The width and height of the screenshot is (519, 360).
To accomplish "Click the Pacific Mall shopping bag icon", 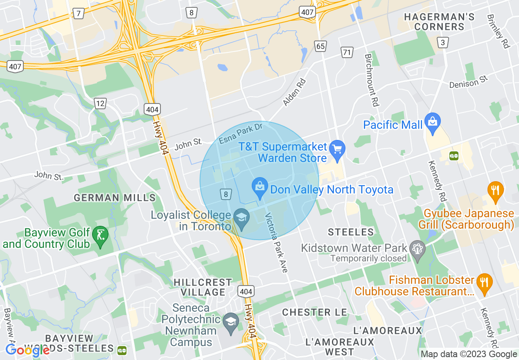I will click(432, 122).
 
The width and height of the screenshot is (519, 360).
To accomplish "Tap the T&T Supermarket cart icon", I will click(337, 148).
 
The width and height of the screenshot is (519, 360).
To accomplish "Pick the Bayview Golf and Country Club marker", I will click(100, 235).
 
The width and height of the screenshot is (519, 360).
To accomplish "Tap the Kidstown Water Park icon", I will click(417, 249).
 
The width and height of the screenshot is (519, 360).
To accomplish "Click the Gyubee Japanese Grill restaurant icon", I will click(495, 191).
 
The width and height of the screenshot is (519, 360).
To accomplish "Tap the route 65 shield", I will click(320, 46).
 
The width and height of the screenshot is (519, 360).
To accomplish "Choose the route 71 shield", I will click(347, 52).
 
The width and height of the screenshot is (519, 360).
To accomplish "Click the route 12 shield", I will click(100, 103).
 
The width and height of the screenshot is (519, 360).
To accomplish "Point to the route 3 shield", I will click(442, 43).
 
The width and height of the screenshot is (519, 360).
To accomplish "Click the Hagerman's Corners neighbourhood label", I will click(439, 22).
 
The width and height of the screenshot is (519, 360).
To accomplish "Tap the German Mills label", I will click(115, 198).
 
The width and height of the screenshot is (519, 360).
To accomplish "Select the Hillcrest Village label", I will click(203, 287).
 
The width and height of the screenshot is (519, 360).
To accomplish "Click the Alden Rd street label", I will click(294, 92).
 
